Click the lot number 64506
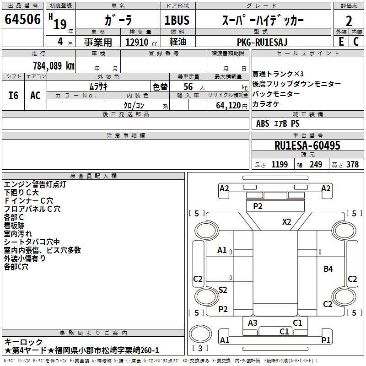[x=22, y=19]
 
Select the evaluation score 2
[x=349, y=21]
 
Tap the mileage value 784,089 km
[x=54, y=66]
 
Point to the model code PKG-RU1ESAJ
[x=262, y=42]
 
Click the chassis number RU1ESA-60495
[x=307, y=145]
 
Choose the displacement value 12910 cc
[x=141, y=42]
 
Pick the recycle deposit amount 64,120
[x=228, y=106]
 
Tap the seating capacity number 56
[x=188, y=86]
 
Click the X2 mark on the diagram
[x=287, y=221]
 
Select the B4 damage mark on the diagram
[x=328, y=269]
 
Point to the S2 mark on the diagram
[x=223, y=290]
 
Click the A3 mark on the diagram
[x=253, y=323]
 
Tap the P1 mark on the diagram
[x=326, y=340]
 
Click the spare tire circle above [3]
[x=200, y=334]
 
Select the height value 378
[x=352, y=164]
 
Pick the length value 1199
[x=280, y=164]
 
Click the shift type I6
[x=13, y=96]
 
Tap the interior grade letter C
[x=356, y=42]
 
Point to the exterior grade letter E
[x=341, y=42]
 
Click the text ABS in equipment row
[x=263, y=124]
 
